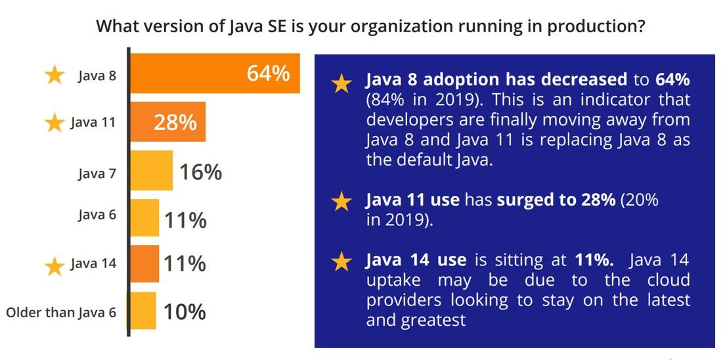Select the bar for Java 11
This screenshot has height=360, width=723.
click(x=167, y=122)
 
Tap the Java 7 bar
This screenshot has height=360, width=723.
click(x=151, y=171)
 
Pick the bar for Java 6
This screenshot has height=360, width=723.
click(x=144, y=218)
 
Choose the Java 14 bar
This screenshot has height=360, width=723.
click(x=144, y=263)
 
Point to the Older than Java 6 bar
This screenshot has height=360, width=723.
click(x=143, y=311)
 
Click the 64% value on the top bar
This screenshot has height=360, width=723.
click(x=268, y=74)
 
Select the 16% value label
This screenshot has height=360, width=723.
click(x=200, y=172)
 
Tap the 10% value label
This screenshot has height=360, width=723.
click(x=185, y=311)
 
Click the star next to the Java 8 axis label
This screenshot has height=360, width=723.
click(x=55, y=75)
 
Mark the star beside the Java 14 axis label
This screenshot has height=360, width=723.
click(x=55, y=265)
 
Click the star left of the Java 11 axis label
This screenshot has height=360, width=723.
click(x=55, y=123)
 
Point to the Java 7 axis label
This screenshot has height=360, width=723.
click(x=97, y=173)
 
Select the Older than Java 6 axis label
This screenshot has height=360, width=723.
click(x=61, y=312)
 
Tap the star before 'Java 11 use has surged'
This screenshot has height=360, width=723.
click(x=341, y=202)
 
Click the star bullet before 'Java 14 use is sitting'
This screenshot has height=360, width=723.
click(x=341, y=262)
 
